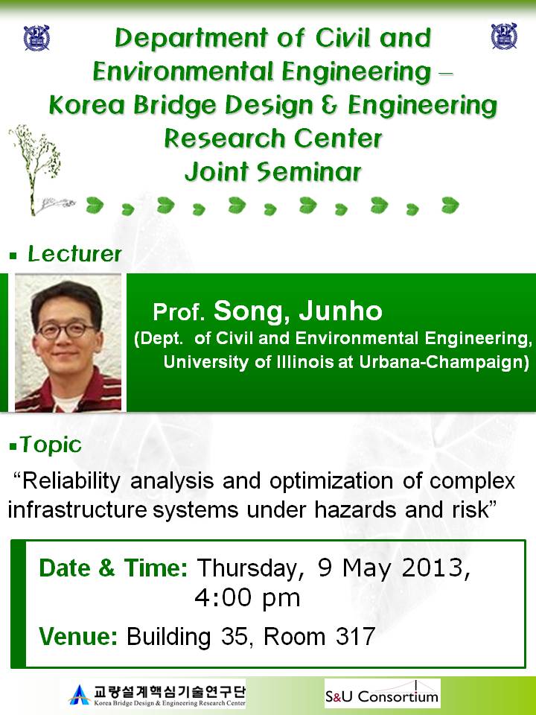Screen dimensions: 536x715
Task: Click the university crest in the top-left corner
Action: point(36,38)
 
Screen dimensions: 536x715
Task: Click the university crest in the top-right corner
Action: point(504,36)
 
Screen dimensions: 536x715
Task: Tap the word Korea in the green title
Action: point(86,105)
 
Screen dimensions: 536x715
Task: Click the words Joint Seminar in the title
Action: point(273,172)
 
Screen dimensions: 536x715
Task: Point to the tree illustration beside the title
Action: point(36,170)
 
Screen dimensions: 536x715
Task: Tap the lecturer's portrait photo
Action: point(68,343)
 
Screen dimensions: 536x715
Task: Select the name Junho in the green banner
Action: point(340,311)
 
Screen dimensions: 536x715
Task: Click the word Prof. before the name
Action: point(179,312)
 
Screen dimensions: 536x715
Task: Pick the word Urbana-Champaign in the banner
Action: point(444,362)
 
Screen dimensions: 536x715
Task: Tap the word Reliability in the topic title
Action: point(71,482)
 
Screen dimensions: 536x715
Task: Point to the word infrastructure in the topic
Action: point(77,509)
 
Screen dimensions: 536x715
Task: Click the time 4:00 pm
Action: point(247,598)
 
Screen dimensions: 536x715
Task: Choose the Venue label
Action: point(78,636)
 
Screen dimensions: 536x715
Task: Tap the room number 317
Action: point(356,636)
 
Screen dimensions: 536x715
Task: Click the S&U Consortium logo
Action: point(383,693)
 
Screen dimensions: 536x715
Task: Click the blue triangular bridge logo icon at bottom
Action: point(80,695)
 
